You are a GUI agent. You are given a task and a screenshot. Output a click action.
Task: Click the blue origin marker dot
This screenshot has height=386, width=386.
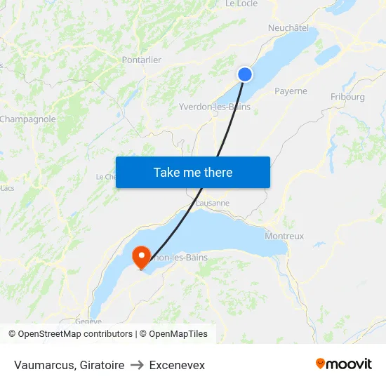click(245, 74)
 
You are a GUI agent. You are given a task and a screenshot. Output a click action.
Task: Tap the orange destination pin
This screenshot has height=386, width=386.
click(141, 255)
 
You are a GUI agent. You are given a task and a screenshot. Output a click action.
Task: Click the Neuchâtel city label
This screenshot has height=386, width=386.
click(288, 28)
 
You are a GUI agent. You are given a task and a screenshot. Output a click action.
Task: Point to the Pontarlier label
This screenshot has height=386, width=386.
click(141, 60)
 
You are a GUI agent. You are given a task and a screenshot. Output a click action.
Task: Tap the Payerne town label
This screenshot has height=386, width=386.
click(291, 91)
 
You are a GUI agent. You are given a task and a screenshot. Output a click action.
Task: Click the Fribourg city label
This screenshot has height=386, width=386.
click(347, 97)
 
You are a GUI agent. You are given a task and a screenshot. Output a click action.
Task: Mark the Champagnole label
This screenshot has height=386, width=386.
click(27, 119)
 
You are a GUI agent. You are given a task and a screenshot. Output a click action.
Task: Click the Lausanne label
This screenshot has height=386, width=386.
click(213, 204)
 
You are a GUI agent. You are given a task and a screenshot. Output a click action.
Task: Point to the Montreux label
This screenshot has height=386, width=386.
click(284, 237)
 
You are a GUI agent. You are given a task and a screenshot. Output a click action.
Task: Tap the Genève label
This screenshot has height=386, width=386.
click(88, 321)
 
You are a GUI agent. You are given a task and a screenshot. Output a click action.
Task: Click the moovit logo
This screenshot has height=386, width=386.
click(344, 364)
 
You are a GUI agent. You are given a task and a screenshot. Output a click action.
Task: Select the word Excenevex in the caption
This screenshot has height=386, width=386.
click(177, 365)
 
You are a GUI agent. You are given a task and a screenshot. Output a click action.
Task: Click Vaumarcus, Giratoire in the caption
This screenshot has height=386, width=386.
click(69, 365)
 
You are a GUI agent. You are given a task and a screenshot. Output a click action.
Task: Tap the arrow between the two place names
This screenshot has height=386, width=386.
click(137, 365)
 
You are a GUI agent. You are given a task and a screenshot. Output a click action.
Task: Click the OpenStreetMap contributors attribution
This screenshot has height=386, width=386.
click(71, 334)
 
